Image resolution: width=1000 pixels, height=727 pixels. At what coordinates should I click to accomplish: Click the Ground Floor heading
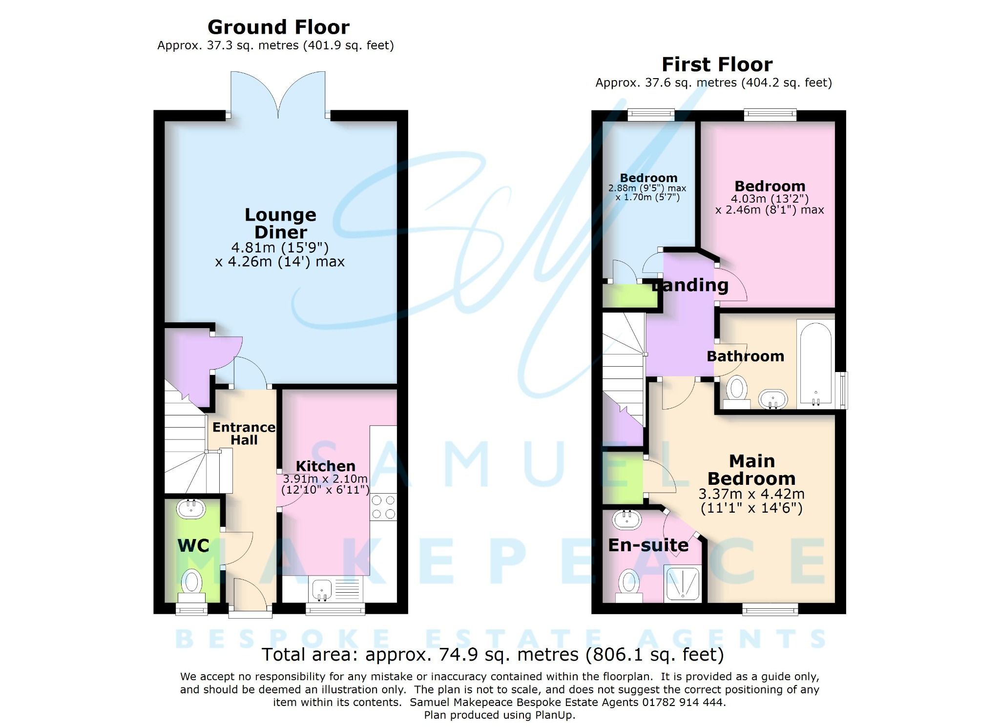pos(278,27)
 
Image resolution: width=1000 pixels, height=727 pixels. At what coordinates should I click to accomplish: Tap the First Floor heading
pos(717,64)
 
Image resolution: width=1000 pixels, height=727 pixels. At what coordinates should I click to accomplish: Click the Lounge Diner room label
pos(280,223)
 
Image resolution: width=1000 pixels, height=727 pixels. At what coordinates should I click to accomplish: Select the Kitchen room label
pos(325,466)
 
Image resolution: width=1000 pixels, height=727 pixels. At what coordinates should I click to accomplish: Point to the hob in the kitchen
pos(383,507)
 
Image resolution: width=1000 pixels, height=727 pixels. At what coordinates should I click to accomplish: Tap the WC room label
pos(193,545)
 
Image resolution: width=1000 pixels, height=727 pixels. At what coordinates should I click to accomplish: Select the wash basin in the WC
pos(191,509)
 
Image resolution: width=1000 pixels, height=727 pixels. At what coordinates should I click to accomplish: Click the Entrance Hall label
pos(244,434)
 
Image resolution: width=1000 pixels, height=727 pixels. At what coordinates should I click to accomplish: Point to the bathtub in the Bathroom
pos(815,363)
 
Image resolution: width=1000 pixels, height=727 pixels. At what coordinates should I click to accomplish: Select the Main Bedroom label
pos(751,470)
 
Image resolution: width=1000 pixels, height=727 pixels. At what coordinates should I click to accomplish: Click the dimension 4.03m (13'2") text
pos(770,199)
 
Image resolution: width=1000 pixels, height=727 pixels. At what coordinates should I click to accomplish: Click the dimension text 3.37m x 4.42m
pos(751,494)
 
